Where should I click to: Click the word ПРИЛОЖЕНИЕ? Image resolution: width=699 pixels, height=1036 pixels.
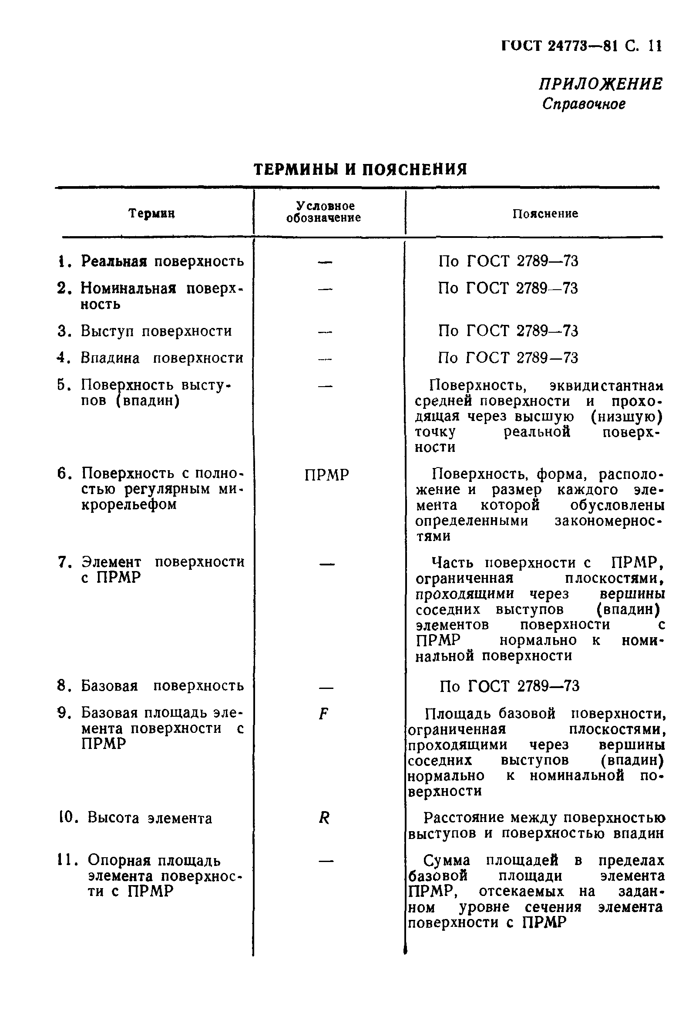coord(600,84)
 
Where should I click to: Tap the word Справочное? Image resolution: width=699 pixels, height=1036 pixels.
coord(584,104)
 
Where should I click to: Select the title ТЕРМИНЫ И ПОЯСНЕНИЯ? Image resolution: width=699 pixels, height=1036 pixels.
coord(360,169)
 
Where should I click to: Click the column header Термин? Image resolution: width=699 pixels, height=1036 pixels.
coord(151,214)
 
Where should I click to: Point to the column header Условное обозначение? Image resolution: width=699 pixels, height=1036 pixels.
coord(324,212)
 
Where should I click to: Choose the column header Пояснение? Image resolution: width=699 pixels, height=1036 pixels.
coord(545,214)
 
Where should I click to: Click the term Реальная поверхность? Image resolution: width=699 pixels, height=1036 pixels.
coord(162,261)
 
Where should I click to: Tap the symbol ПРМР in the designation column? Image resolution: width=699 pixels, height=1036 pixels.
coord(327,475)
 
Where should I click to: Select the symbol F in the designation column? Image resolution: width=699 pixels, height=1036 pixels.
coord(324,714)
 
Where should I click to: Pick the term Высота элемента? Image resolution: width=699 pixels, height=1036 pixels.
coord(149,818)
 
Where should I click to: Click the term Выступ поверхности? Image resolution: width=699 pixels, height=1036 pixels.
coord(156,331)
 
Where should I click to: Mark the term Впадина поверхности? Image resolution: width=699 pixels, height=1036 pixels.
coord(162,358)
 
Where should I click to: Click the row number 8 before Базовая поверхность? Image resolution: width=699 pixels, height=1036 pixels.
coord(62,685)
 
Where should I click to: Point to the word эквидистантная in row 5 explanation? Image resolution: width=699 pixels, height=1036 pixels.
coord(606,385)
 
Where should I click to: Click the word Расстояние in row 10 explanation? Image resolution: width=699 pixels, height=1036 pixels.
coord(464,817)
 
